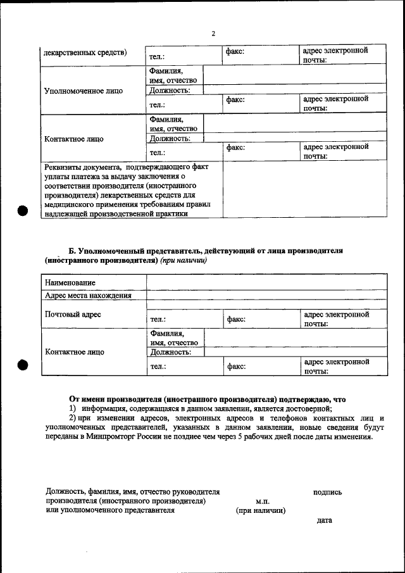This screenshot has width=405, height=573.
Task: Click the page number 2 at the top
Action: (x=213, y=33)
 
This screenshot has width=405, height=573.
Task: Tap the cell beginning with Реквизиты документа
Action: (x=132, y=190)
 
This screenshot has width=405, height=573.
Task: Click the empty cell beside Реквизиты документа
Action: (x=304, y=190)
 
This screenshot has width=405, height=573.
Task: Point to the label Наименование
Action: (x=70, y=282)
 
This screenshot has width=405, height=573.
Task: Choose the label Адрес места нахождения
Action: (x=88, y=295)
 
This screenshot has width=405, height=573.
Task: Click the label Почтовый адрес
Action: (x=73, y=314)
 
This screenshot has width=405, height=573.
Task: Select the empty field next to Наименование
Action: (x=266, y=282)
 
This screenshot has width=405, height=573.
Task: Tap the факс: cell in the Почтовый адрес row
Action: (x=260, y=319)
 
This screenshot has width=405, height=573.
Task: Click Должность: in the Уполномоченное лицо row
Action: (x=170, y=91)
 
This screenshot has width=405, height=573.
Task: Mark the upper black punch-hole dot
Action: (x=23, y=211)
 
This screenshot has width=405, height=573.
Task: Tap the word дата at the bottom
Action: (x=323, y=520)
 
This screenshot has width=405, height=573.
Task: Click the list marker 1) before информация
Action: (x=73, y=409)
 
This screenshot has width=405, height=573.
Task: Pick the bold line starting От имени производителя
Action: (x=208, y=400)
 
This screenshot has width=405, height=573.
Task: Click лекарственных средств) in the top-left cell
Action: (x=85, y=53)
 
